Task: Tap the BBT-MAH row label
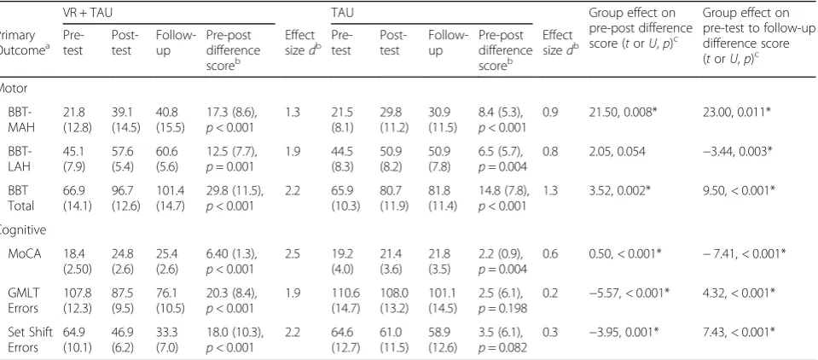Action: click(20, 119)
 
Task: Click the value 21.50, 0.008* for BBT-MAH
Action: click(620, 113)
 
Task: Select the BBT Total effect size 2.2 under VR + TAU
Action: click(292, 190)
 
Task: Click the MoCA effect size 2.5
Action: click(292, 254)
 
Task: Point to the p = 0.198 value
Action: click(502, 308)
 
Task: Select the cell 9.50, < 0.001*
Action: click(737, 190)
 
